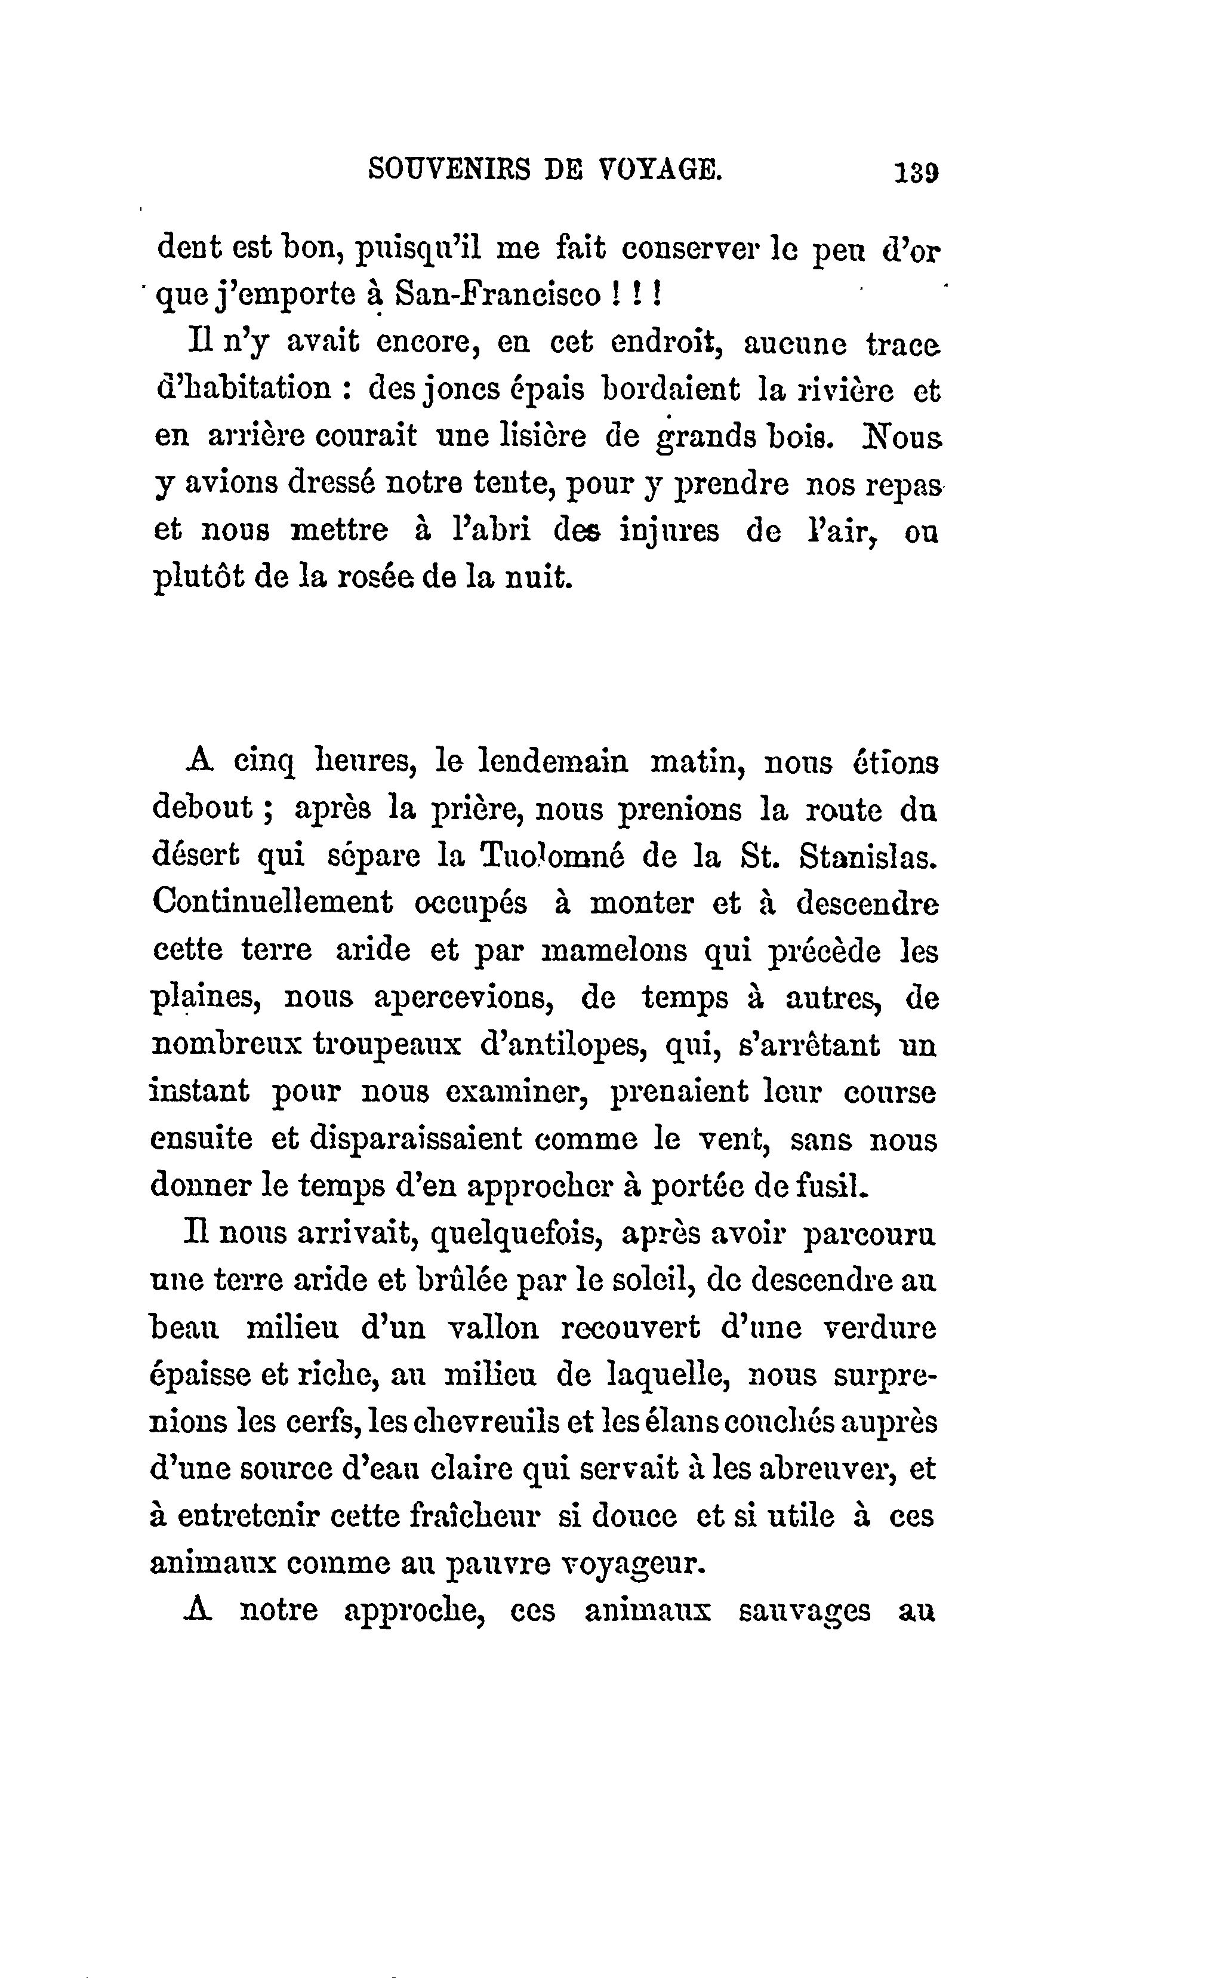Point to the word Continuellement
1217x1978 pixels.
[x=272, y=903]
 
